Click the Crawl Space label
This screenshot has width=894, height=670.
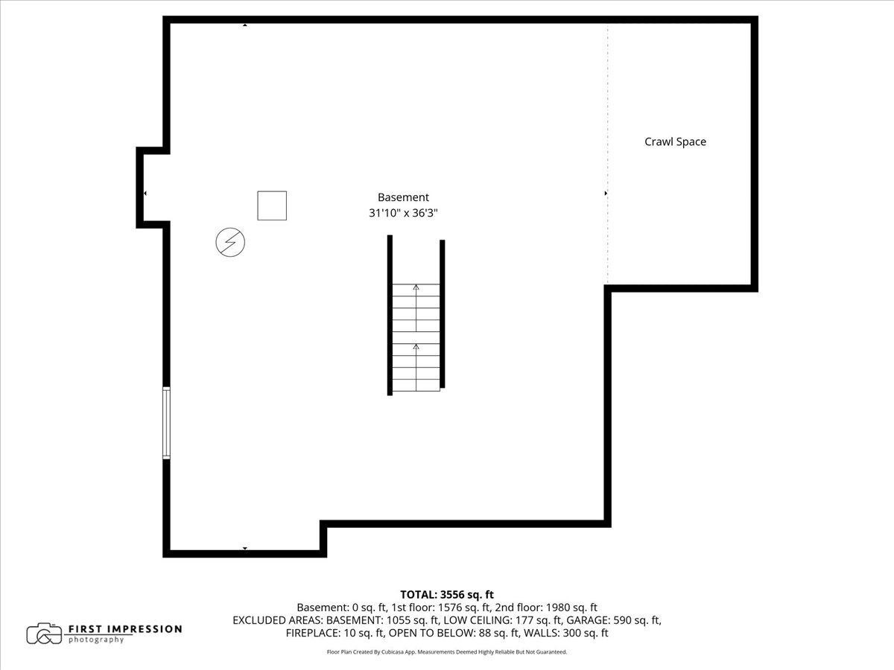pos(675,141)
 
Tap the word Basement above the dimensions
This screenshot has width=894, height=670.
pos(403,197)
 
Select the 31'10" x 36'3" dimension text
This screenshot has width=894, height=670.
pos(403,213)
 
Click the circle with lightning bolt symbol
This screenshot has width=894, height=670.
pos(230,242)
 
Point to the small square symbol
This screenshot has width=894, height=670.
pos(272,206)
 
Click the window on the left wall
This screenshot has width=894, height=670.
pos(166,423)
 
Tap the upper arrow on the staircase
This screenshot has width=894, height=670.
pos(416,308)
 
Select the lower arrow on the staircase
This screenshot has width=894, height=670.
pos(416,367)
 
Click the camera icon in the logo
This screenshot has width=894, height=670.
pos(44,634)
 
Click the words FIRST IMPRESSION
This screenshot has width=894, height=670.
pos(125,629)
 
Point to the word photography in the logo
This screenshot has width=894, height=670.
pos(96,640)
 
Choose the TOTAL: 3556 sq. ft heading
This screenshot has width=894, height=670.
pos(447,595)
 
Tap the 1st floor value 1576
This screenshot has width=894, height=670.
pos(450,607)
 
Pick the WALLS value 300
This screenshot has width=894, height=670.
pos(571,633)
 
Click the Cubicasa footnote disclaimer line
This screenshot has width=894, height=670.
pos(447,651)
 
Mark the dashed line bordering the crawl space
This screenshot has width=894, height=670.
pos(608,154)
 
